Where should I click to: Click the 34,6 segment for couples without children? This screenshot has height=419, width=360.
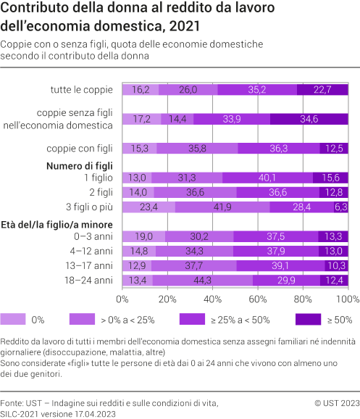(x=309, y=119)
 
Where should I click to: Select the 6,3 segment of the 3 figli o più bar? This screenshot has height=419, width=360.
(x=341, y=207)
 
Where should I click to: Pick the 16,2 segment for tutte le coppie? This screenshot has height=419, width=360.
(x=141, y=90)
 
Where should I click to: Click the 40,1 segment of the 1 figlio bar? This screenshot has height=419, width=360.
(x=267, y=178)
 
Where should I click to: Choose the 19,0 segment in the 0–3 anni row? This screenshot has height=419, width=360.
(x=143, y=236)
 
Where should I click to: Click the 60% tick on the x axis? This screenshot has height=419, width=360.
(x=258, y=299)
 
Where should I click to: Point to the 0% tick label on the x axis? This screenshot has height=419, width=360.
(x=122, y=299)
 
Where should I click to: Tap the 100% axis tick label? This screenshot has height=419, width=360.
(x=348, y=299)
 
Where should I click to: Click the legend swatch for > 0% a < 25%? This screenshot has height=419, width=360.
(x=83, y=318)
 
